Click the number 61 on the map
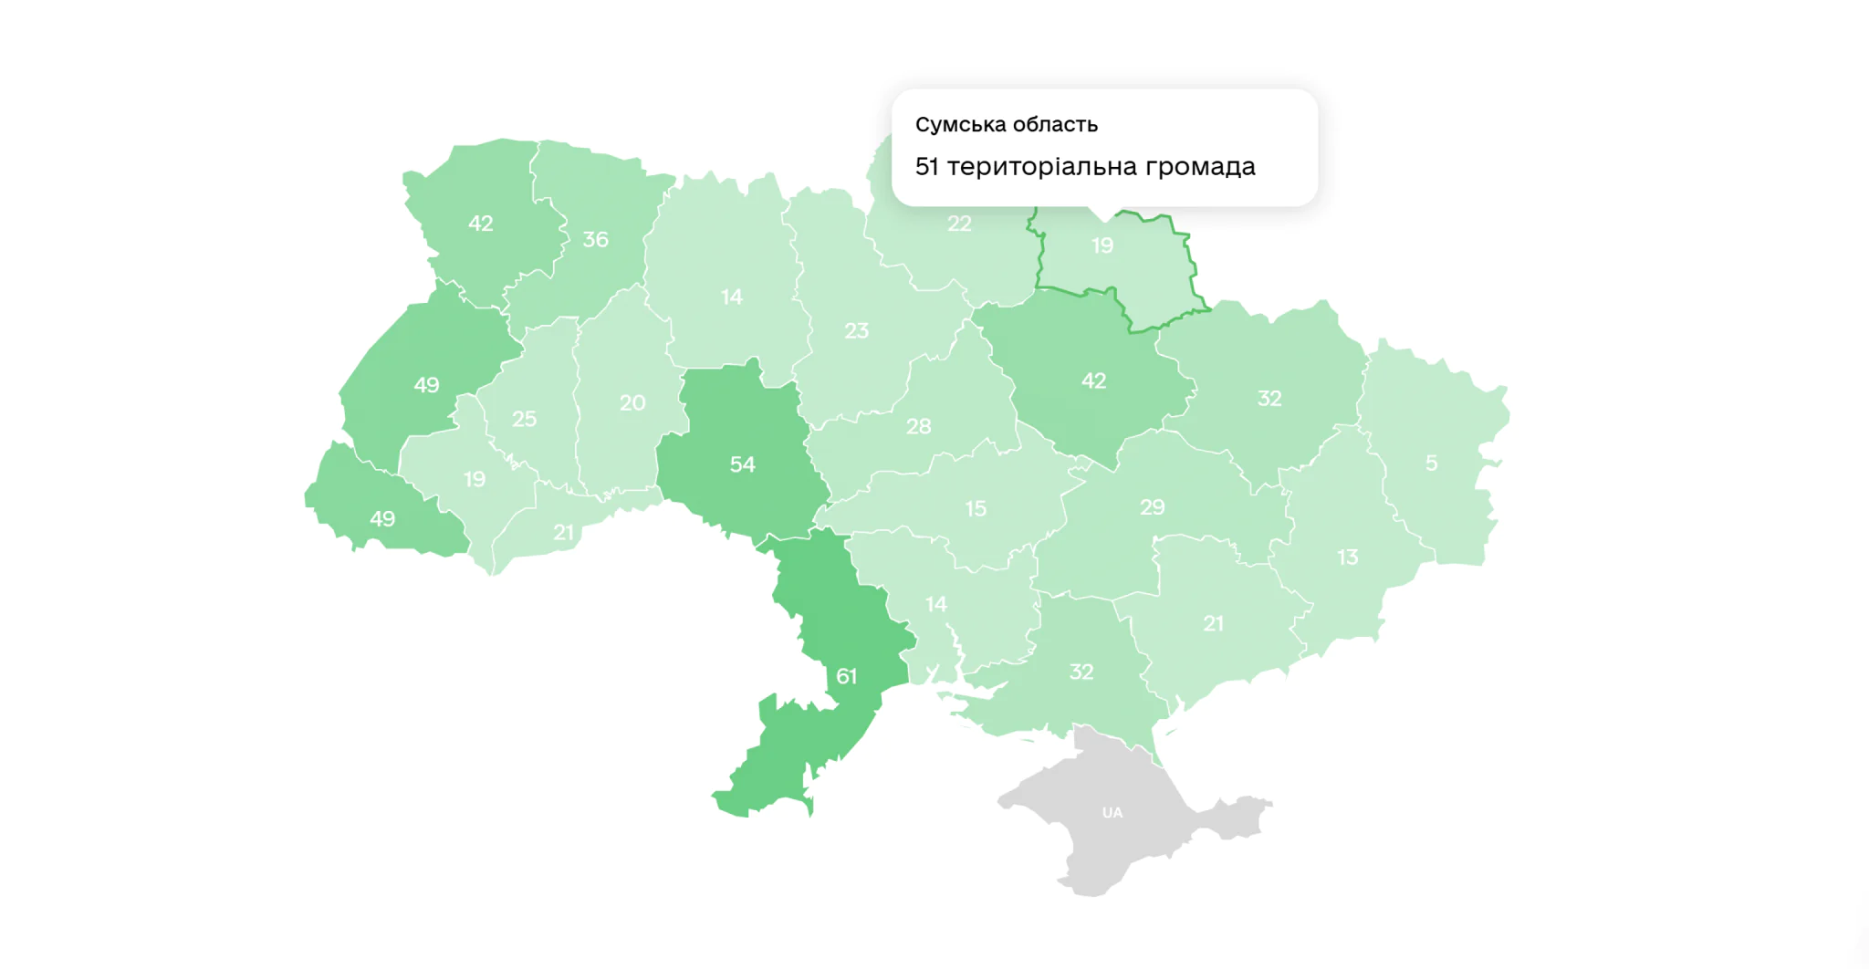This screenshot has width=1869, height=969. (x=846, y=676)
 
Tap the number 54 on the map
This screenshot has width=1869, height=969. (x=742, y=464)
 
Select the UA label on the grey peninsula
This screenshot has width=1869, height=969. (x=1112, y=813)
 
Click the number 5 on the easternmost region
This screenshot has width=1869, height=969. (x=1431, y=464)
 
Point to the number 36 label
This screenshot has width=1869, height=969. (x=595, y=239)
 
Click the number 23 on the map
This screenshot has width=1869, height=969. (x=856, y=331)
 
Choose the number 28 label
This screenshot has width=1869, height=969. (x=918, y=426)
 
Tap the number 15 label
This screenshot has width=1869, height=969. (x=976, y=508)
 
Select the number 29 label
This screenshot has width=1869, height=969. (x=1152, y=506)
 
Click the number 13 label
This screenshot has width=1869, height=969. (x=1347, y=557)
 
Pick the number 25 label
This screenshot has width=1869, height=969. (x=524, y=419)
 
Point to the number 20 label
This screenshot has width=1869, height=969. (x=632, y=402)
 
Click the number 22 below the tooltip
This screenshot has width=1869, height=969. (x=959, y=224)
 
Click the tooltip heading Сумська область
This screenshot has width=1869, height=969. (x=1006, y=124)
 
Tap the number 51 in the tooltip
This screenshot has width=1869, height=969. (x=926, y=167)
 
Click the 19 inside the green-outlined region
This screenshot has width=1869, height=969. (x=1102, y=245)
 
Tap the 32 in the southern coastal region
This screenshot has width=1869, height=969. (x=1081, y=672)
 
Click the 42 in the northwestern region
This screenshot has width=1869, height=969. (x=480, y=224)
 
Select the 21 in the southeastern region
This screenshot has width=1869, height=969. (x=1213, y=624)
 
